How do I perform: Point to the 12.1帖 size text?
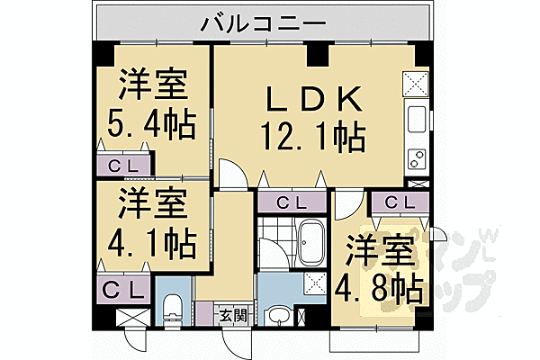coord(312,138)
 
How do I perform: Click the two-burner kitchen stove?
coord(418,160)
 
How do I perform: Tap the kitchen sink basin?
coord(418,118)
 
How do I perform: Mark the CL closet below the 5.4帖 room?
coord(125,166)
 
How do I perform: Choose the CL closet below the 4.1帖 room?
coord(125,290)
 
